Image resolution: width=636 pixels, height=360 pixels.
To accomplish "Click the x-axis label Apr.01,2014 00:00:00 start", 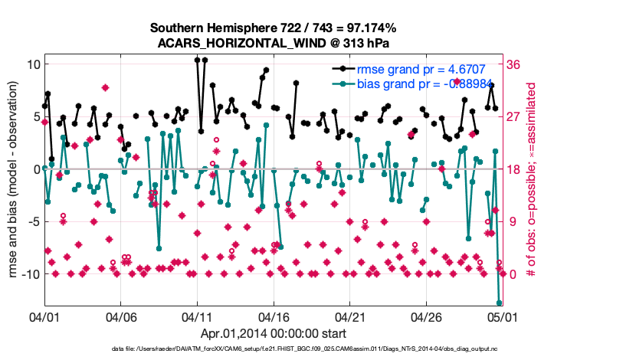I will pyautogui.click(x=273, y=333).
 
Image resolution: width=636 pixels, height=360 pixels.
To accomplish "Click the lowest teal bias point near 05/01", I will pyautogui.click(x=499, y=303).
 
